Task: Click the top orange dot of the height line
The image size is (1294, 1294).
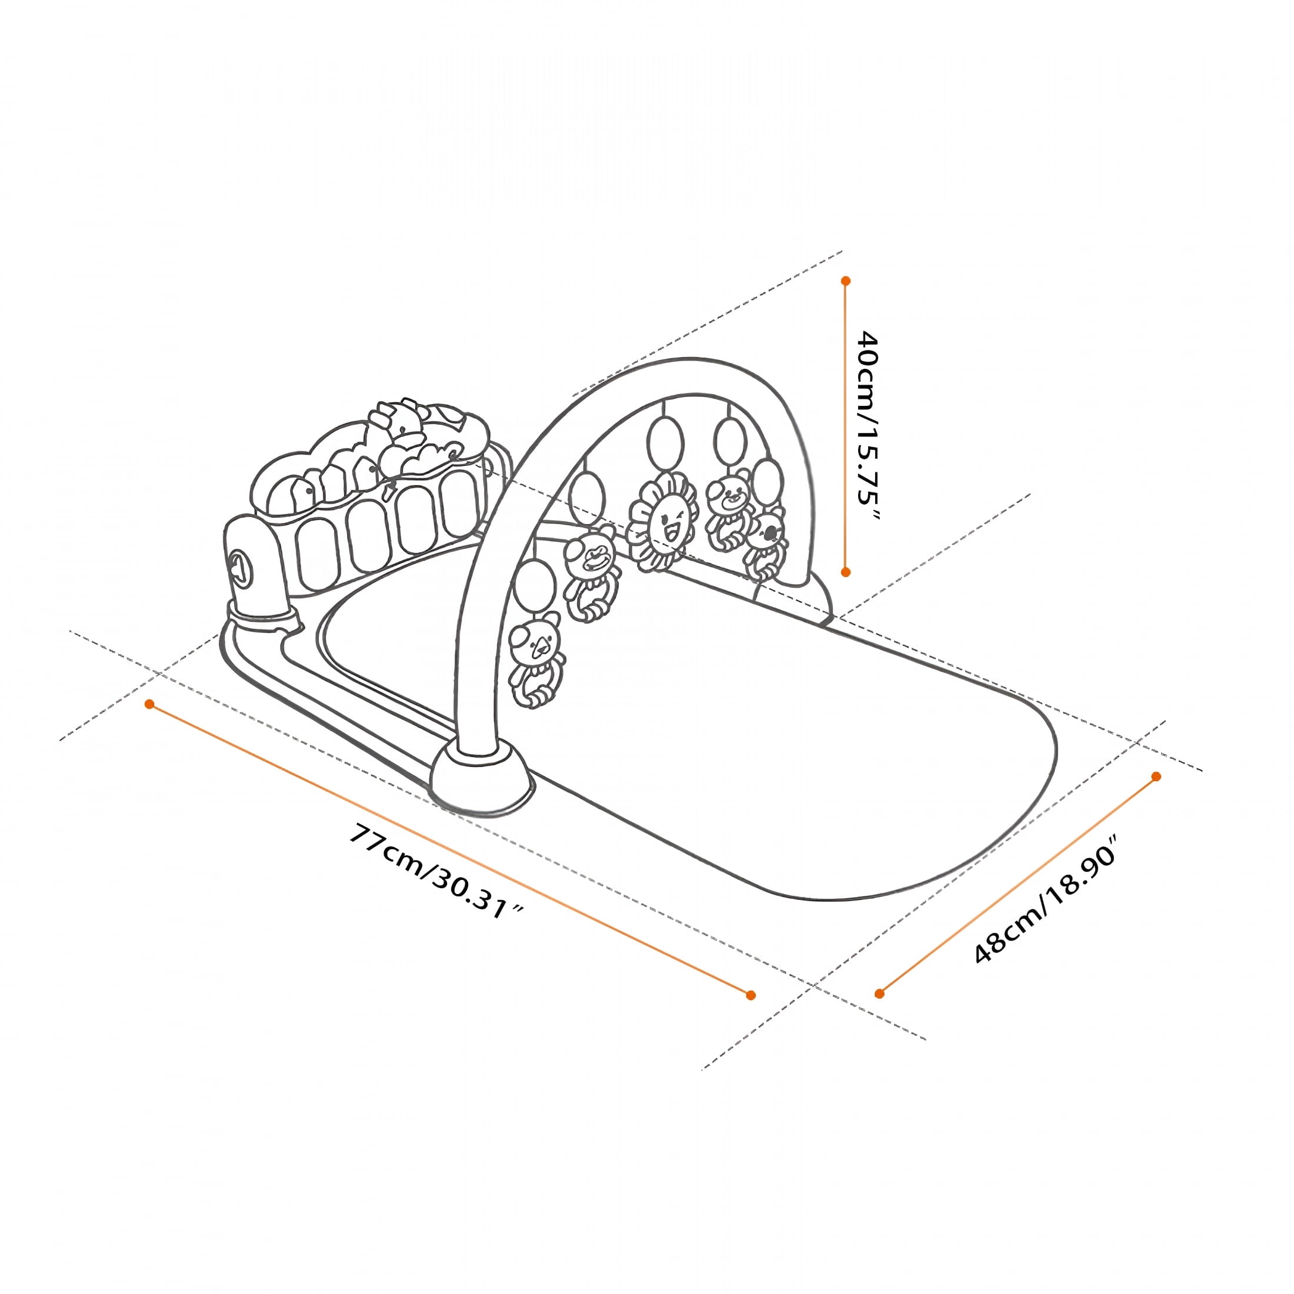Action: point(846,281)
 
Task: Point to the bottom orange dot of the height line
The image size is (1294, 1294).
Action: point(846,571)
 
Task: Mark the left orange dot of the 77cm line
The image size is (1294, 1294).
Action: point(150,705)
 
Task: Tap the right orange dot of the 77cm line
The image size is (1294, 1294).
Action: point(751,995)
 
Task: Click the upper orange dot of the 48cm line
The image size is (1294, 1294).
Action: point(1155,776)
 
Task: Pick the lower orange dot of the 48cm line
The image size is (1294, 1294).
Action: point(879,993)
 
